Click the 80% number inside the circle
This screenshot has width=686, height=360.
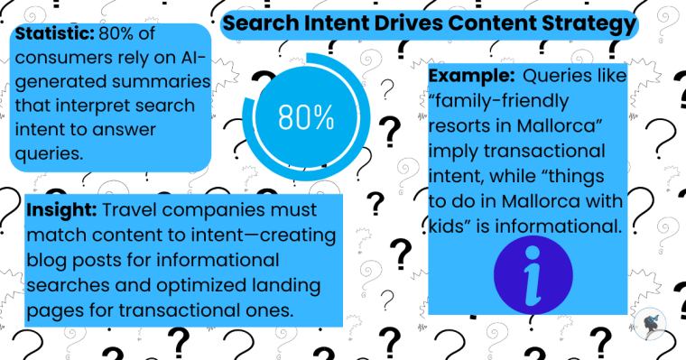tap(306, 117)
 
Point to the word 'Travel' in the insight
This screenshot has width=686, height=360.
tap(133, 211)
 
